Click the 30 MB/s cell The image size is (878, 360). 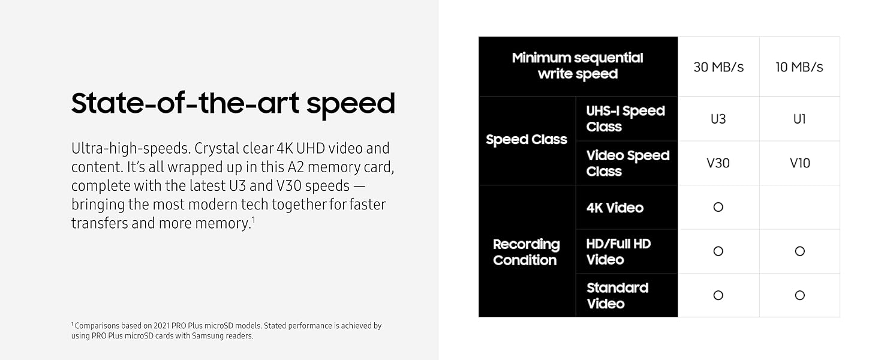(x=718, y=67)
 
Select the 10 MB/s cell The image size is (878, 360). (x=799, y=67)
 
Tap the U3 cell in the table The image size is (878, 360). (x=718, y=119)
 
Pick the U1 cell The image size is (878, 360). (x=799, y=119)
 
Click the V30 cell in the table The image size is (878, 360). (x=718, y=163)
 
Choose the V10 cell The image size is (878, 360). (x=799, y=163)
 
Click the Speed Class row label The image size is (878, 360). (x=527, y=140)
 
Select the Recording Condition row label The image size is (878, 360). (x=526, y=252)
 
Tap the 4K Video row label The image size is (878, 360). (x=615, y=208)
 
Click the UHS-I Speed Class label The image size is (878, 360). (x=626, y=119)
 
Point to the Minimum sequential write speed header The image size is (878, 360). (x=578, y=66)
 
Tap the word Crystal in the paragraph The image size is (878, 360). (x=217, y=149)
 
